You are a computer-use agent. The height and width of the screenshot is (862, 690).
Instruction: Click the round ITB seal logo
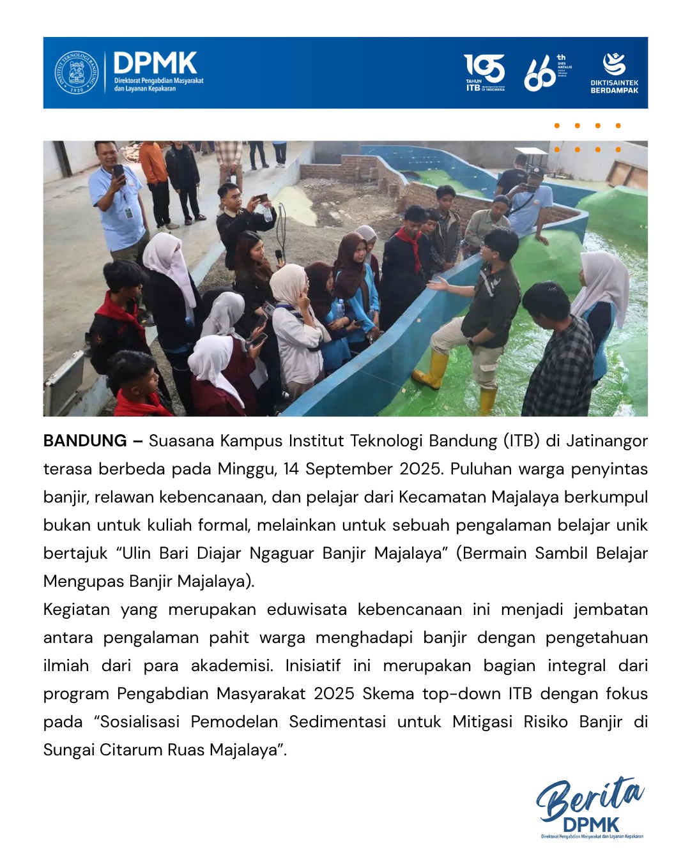pyautogui.click(x=76, y=73)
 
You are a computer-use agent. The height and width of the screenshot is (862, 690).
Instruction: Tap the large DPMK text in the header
pyautogui.click(x=155, y=63)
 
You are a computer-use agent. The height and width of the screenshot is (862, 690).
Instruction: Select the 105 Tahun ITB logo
pyautogui.click(x=484, y=72)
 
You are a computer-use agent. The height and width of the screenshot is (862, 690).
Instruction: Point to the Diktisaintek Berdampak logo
pyautogui.click(x=614, y=73)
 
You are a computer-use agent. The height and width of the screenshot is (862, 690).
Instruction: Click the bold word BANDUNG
pyautogui.click(x=85, y=441)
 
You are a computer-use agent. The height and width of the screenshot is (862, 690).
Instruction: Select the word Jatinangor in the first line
pyautogui.click(x=607, y=441)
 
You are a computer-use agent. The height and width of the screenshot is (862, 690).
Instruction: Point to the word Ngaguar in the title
pyautogui.click(x=282, y=554)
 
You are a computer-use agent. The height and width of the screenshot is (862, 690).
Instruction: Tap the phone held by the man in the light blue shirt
pyautogui.click(x=119, y=171)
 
